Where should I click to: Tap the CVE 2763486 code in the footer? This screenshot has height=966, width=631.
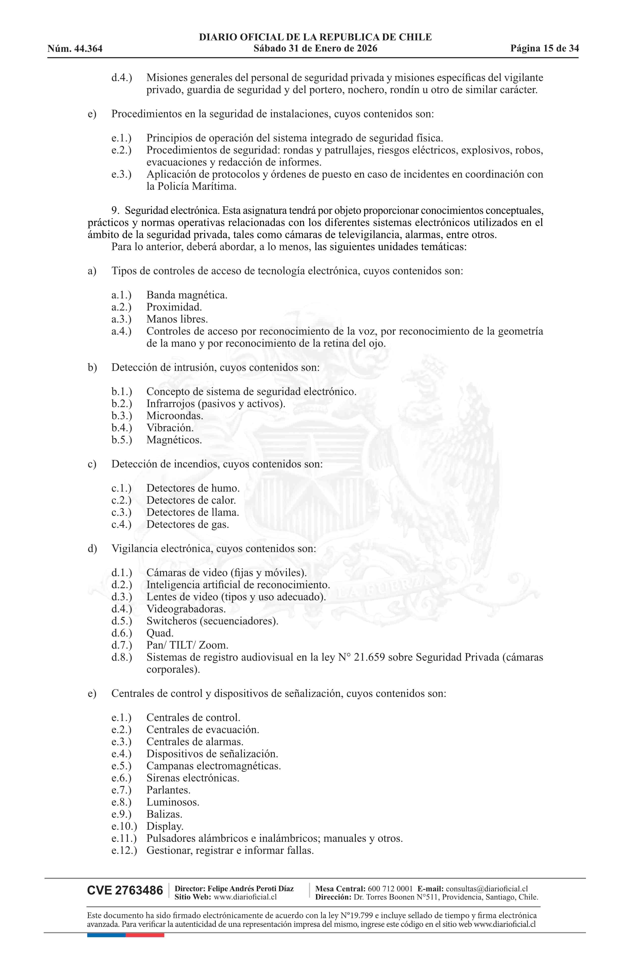[x=125, y=890]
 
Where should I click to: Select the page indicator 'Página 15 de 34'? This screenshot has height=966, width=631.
[x=544, y=49]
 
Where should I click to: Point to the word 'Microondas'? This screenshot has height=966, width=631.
[x=174, y=416]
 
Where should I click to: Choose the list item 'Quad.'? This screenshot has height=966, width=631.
[x=160, y=633]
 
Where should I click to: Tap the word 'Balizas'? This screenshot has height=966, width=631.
[x=164, y=814]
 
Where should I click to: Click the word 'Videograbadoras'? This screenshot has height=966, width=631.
[x=185, y=609]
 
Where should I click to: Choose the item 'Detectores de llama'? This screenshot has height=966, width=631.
[x=192, y=512]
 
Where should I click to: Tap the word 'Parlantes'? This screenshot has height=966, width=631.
[x=168, y=790]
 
